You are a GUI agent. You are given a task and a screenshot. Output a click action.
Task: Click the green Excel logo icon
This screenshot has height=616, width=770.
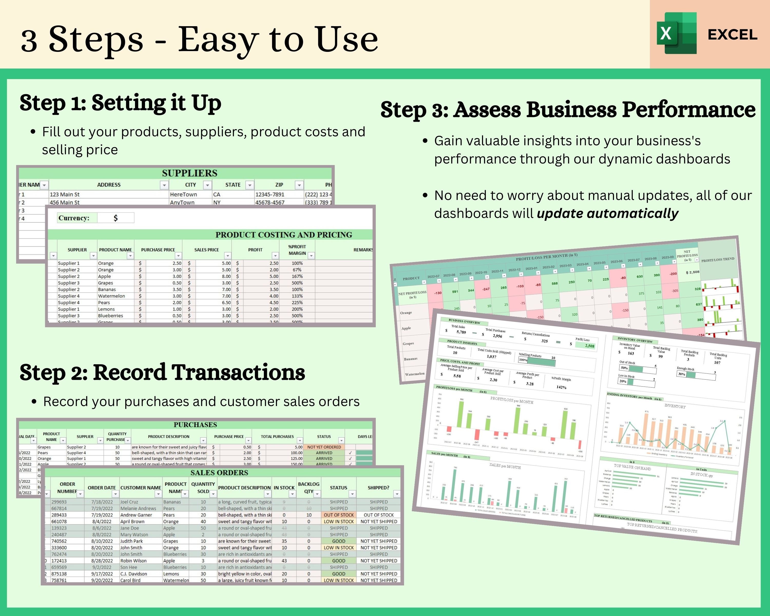(676, 33)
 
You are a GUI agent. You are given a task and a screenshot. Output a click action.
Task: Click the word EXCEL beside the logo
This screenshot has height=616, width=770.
(732, 35)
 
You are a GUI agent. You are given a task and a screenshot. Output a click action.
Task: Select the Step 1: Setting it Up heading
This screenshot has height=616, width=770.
(120, 103)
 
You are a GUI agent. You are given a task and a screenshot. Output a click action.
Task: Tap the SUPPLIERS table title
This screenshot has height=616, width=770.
(189, 173)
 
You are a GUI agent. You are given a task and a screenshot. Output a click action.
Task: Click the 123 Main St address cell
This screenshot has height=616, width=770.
(65, 194)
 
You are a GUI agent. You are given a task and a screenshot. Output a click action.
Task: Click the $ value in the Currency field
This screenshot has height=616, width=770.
(115, 218)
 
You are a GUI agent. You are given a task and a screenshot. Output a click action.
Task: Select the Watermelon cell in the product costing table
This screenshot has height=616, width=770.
(111, 296)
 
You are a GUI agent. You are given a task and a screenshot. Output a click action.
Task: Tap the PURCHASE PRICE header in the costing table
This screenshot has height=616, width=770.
(158, 250)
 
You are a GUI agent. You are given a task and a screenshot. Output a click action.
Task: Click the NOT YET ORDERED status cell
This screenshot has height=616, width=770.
(324, 447)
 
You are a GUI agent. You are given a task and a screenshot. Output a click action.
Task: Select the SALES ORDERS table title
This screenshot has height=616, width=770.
(219, 473)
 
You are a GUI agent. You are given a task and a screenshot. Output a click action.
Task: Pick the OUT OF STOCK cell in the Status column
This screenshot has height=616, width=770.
(338, 515)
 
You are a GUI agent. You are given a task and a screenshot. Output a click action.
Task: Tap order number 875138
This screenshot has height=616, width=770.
(59, 573)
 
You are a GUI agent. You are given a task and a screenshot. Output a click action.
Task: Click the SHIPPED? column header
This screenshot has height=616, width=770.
(378, 487)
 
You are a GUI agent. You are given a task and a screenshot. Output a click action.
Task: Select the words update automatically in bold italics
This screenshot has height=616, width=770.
(607, 214)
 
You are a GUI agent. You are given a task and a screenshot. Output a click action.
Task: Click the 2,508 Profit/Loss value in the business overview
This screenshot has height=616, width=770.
(589, 346)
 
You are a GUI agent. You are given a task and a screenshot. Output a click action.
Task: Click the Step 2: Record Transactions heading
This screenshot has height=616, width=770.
(162, 372)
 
